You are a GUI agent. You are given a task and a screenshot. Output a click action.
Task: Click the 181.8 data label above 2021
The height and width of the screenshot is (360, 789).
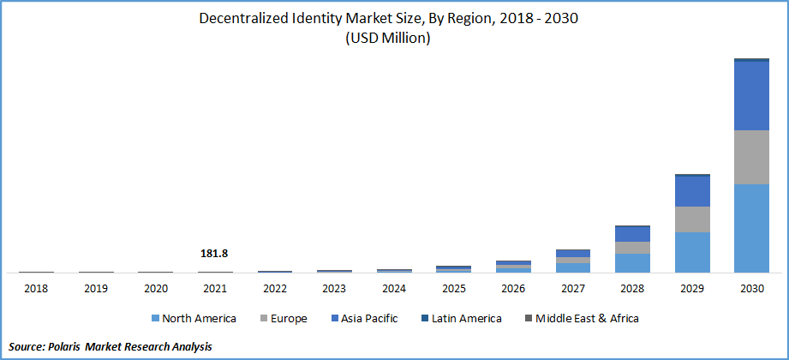[215, 254]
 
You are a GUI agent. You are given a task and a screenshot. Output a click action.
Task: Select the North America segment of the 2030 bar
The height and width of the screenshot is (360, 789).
[750, 228]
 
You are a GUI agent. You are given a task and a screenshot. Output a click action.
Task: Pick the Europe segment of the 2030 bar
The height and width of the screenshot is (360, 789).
[750, 157]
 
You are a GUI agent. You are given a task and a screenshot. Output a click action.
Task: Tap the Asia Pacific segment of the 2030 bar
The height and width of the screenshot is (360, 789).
[750, 96]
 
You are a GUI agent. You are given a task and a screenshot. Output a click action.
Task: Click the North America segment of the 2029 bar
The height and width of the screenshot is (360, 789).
[692, 252]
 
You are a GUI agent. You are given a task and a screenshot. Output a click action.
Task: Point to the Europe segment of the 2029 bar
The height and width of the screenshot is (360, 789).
[692, 219]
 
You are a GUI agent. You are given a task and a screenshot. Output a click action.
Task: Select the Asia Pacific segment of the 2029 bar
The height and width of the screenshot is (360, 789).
[692, 191]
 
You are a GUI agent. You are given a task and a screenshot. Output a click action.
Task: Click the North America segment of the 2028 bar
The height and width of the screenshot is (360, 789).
[632, 263]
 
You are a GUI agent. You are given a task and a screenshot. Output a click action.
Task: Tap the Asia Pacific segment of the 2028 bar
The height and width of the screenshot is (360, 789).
[632, 234]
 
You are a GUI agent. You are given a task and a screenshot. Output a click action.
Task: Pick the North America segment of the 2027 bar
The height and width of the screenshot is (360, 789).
[573, 267]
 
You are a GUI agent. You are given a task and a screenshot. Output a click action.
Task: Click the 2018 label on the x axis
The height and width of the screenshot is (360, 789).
[36, 289]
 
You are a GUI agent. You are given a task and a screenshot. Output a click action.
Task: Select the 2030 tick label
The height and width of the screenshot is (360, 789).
[750, 289]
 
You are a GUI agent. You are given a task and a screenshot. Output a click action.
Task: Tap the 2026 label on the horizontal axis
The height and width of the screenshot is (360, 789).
[513, 289]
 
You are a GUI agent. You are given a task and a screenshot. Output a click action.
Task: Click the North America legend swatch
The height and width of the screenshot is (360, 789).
[156, 319]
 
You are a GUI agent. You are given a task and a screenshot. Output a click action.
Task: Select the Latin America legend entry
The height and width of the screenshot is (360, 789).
[463, 319]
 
